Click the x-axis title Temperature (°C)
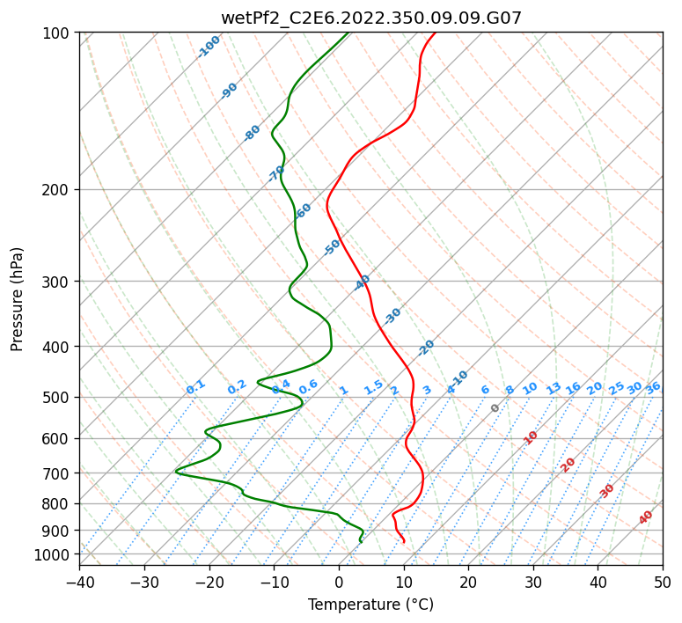tap(370, 605)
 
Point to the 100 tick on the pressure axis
tap(57, 33)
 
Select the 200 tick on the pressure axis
tap(57, 190)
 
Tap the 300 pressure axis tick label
tap(57, 282)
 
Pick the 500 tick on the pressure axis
tap(57, 397)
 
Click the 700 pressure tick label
tap(57, 473)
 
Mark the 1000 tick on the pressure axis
tap(54, 554)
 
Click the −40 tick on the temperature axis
tap(79, 582)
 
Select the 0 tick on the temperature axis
tap(339, 582)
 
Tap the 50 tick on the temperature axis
tap(663, 582)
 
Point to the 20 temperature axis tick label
tap(468, 582)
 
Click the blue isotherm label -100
tap(209, 47)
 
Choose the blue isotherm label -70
tap(276, 173)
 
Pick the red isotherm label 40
tap(646, 517)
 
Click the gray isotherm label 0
tap(495, 408)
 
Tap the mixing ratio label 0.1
tap(195, 387)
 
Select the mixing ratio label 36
tap(653, 387)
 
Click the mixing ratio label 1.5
tap(373, 387)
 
